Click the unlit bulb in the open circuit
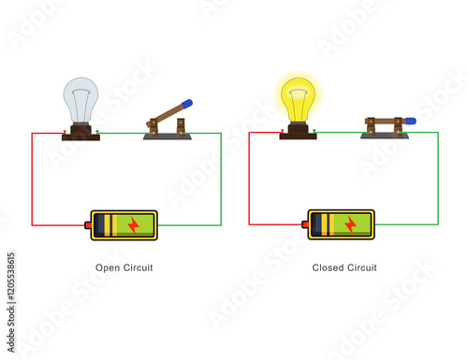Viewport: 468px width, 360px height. [x=80, y=98]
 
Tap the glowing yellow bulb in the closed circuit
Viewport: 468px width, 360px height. [x=298, y=98]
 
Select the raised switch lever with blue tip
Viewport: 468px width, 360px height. [x=169, y=113]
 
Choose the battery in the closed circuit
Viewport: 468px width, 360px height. [x=341, y=224]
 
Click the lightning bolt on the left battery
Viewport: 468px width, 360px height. [x=133, y=224]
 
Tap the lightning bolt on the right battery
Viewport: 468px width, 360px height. [x=350, y=224]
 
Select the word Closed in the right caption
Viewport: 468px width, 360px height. [x=328, y=268]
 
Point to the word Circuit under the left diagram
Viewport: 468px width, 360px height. [x=138, y=268]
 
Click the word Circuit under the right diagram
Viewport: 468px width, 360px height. [x=361, y=268]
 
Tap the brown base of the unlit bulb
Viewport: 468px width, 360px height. [x=80, y=133]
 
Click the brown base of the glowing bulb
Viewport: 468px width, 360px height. [x=298, y=133]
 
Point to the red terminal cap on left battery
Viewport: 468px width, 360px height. [x=88, y=224]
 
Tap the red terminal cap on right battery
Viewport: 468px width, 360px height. [x=305, y=224]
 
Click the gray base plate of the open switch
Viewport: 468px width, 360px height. [x=168, y=137]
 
